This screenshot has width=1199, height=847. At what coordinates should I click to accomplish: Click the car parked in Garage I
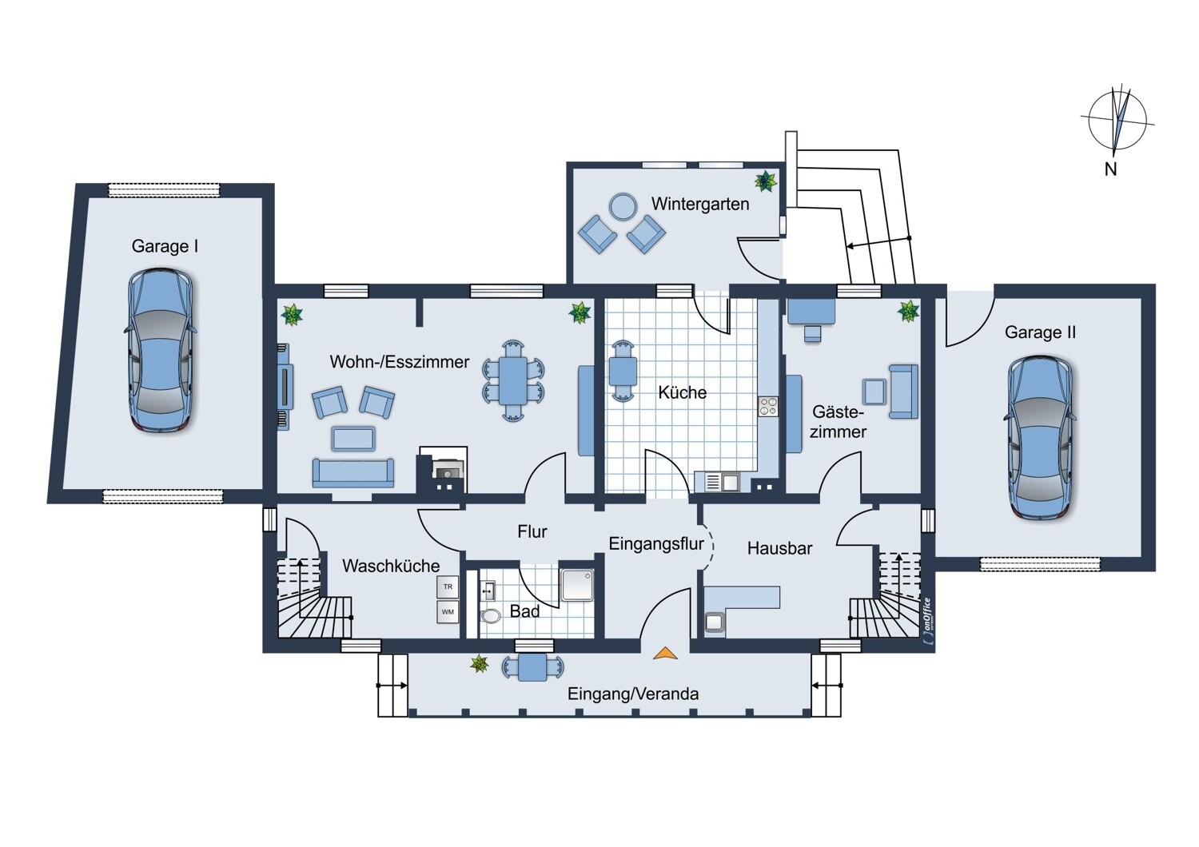click(x=161, y=350)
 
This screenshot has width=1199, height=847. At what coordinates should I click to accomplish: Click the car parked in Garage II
click(x=1041, y=438)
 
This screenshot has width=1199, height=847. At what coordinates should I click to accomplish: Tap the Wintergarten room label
click(x=700, y=204)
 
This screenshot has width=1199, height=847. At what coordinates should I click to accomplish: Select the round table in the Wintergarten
click(x=623, y=206)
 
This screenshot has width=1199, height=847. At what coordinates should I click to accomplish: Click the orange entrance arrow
click(x=665, y=653)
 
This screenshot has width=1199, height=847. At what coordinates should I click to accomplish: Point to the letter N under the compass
click(x=1111, y=169)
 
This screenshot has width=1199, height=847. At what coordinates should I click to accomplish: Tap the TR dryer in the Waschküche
click(x=448, y=587)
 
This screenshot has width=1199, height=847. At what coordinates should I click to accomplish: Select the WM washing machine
click(x=448, y=612)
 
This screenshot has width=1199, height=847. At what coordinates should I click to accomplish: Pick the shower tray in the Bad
click(x=577, y=585)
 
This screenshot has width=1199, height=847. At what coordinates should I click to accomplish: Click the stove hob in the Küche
click(x=768, y=406)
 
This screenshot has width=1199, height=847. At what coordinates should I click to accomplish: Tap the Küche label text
click(x=682, y=392)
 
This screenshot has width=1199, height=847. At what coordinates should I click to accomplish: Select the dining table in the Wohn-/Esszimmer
click(x=513, y=380)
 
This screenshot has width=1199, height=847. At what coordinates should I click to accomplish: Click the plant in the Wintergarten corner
click(x=766, y=181)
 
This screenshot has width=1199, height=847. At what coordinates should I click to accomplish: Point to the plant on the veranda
click(x=479, y=664)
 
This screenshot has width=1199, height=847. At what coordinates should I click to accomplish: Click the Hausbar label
click(x=780, y=548)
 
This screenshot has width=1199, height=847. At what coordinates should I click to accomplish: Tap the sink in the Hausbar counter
click(x=714, y=622)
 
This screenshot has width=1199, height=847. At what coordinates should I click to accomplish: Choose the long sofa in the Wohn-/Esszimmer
click(x=353, y=472)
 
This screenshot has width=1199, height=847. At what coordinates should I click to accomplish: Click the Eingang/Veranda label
click(x=633, y=694)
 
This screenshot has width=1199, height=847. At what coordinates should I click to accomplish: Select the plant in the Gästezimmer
click(x=908, y=311)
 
